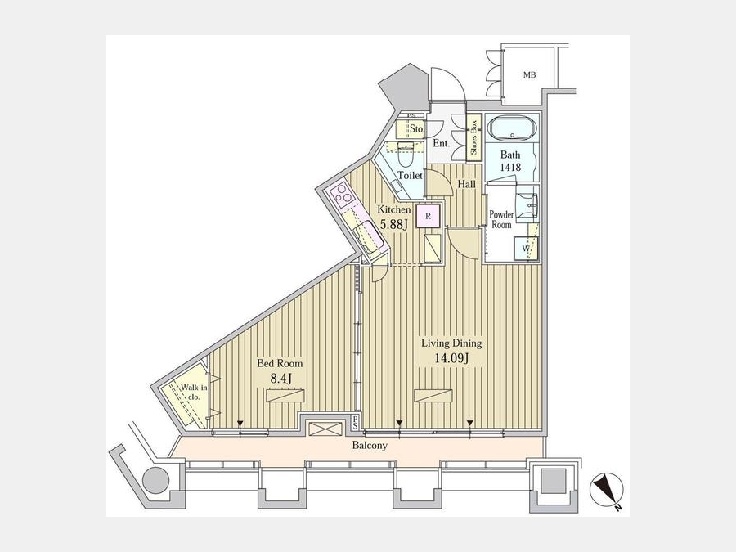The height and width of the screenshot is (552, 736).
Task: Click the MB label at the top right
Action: [x=530, y=74]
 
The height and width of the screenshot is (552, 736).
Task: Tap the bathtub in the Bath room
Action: [x=512, y=128]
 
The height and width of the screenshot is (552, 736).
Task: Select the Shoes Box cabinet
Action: [x=474, y=135]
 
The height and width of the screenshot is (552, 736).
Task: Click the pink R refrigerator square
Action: [x=428, y=216]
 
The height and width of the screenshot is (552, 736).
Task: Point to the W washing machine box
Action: [x=526, y=248]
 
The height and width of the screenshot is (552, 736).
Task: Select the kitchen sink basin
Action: [x=368, y=239]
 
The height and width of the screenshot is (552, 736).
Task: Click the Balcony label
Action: [x=370, y=445]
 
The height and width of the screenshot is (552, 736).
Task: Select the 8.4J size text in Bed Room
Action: [x=281, y=379]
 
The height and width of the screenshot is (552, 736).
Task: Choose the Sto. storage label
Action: [x=417, y=128]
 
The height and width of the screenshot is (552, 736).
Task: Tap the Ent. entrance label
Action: [x=442, y=143]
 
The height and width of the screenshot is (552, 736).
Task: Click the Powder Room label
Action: [x=501, y=219]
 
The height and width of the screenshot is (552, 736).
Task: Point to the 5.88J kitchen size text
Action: [x=393, y=224]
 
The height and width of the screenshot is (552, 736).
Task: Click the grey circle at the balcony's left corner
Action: [x=156, y=480]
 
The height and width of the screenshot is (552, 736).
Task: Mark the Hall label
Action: [x=467, y=185]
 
